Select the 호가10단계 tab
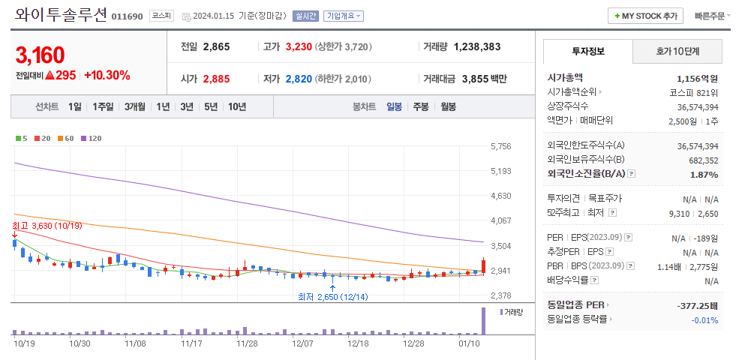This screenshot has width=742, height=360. [677, 52]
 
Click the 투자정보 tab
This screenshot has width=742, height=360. [587, 52]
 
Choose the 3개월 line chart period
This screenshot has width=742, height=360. [136, 106]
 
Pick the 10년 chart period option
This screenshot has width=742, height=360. [236, 106]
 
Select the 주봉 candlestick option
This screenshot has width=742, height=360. [420, 106]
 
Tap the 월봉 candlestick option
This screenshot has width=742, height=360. [448, 106]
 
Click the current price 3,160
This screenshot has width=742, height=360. [40, 55]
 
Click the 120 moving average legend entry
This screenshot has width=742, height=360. [93, 138]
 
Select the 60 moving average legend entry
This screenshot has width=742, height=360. [68, 138]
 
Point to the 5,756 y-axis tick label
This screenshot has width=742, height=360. [500, 147]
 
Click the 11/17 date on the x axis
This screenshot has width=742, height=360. [192, 343]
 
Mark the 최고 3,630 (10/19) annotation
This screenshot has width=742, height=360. [47, 225]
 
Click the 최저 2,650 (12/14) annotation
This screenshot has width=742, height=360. [332, 297]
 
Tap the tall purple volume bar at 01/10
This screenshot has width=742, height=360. [483, 321]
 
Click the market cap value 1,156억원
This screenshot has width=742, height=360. [697, 78]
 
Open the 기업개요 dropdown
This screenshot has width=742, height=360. [344, 16]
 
